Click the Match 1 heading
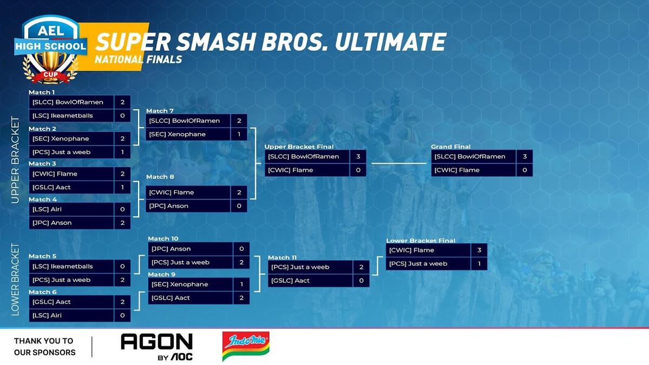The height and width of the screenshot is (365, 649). [x=42, y=92]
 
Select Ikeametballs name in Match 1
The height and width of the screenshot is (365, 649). [x=63, y=116]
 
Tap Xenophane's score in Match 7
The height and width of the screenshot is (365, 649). [x=239, y=134]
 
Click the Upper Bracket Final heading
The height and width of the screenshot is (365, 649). [x=299, y=147]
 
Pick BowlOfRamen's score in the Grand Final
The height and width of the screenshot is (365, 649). [x=525, y=156]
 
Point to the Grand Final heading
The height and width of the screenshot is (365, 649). [x=451, y=147]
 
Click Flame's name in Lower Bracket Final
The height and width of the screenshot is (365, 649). [x=412, y=250]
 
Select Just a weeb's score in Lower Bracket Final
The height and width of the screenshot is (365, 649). [x=479, y=264]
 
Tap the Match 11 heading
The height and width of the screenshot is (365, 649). [x=282, y=257]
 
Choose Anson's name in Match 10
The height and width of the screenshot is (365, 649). [x=171, y=249]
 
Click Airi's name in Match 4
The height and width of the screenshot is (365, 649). [x=47, y=209]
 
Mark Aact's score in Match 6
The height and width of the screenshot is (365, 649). [x=123, y=302]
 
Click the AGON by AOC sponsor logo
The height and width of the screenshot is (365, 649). [x=157, y=347]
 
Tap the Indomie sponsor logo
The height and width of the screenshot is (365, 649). [x=246, y=346]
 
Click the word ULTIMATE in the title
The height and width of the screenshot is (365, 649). [x=390, y=42]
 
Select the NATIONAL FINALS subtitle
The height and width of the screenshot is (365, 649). [x=138, y=59]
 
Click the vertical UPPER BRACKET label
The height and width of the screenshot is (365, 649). [x=15, y=160]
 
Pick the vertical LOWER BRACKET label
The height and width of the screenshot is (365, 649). [x=15, y=280]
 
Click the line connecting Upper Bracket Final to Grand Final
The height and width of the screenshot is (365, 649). [x=399, y=163]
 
